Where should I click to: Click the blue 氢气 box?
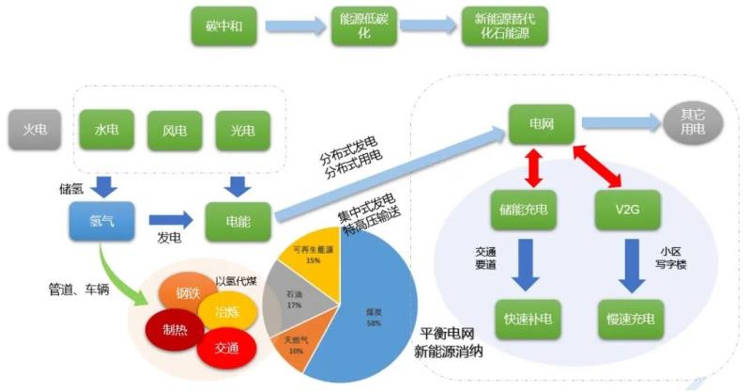tap(97, 220)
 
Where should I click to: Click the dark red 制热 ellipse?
tap(174, 328)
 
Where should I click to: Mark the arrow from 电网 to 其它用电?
tap(619, 121)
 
